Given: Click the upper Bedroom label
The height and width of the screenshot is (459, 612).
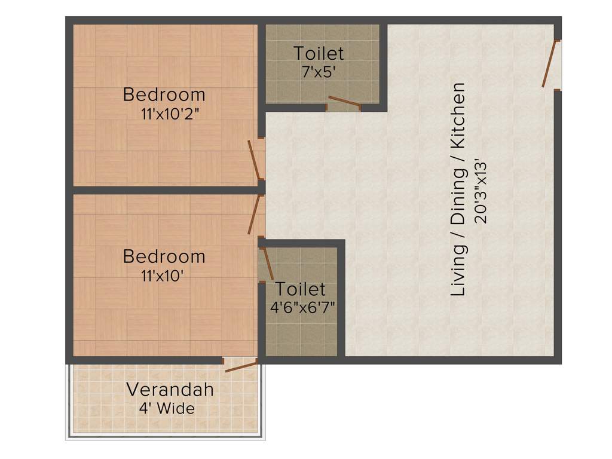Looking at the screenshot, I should coord(164,94).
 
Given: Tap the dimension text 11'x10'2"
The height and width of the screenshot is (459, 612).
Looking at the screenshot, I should coord(169,114).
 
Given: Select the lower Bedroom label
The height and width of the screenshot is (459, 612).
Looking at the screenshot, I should coord(164,257).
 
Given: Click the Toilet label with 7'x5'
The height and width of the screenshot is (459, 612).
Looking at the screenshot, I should coord(319,53).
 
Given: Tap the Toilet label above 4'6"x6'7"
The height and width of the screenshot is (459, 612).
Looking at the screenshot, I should coord(300,289).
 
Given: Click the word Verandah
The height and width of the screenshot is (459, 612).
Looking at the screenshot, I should coord(170,390).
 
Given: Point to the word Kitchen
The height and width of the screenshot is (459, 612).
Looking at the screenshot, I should coord(458,116).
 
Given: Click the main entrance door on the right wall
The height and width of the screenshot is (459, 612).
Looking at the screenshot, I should coord(550,64).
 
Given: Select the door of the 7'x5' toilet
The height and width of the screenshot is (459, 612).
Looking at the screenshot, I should coord(344,103).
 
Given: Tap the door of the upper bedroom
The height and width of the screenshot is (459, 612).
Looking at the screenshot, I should coord(255,160).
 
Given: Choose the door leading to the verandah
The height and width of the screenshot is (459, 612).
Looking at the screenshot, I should coord(241,365).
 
